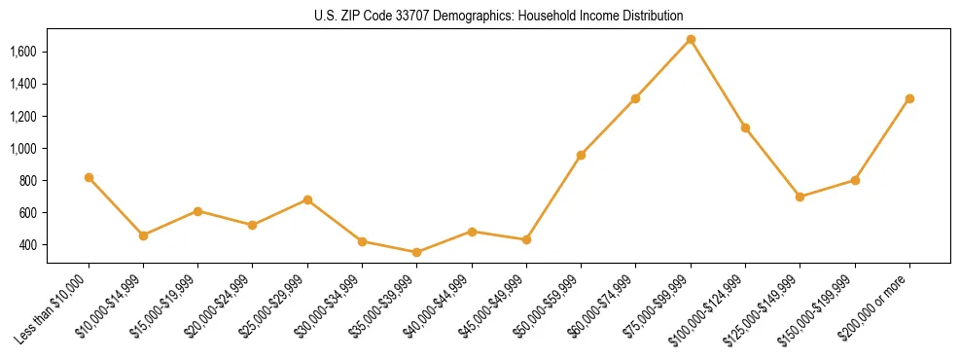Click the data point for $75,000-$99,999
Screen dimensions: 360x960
click(691, 40)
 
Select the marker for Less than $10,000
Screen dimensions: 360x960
click(89, 178)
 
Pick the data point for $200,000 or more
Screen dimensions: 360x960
click(909, 98)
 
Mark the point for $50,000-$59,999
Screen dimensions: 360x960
click(581, 155)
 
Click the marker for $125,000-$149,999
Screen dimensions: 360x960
click(800, 197)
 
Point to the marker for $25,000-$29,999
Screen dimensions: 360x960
click(307, 199)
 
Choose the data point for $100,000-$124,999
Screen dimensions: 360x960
click(745, 127)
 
